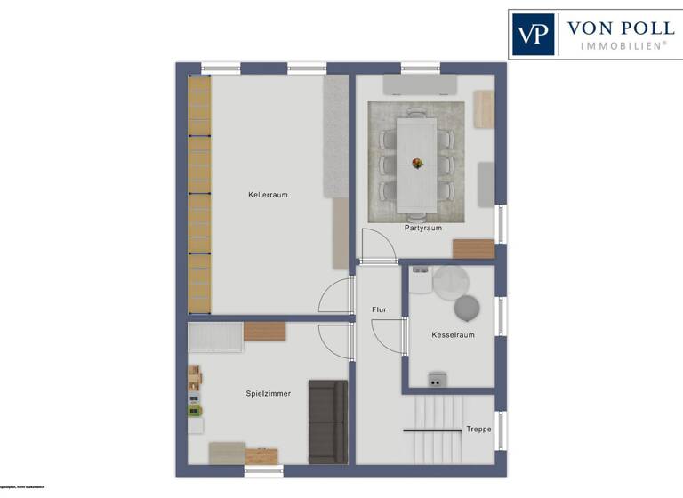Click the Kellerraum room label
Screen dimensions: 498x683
[x=268, y=194]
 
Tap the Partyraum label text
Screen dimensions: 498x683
[x=422, y=228]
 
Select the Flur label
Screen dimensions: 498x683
[x=379, y=309]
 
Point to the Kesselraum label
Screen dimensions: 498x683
[x=453, y=335]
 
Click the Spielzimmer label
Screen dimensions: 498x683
[x=268, y=393]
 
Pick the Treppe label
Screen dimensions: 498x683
[x=478, y=429]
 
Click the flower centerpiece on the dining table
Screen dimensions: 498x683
[x=417, y=163]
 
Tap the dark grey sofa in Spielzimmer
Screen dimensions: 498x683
[x=327, y=422]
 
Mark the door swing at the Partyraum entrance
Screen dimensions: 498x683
[x=378, y=245]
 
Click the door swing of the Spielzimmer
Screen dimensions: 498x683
[x=336, y=340]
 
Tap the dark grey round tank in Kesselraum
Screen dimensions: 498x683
[x=467, y=308]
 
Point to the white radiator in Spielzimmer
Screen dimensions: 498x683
[x=216, y=337]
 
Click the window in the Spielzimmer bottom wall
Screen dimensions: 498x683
[x=263, y=470]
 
